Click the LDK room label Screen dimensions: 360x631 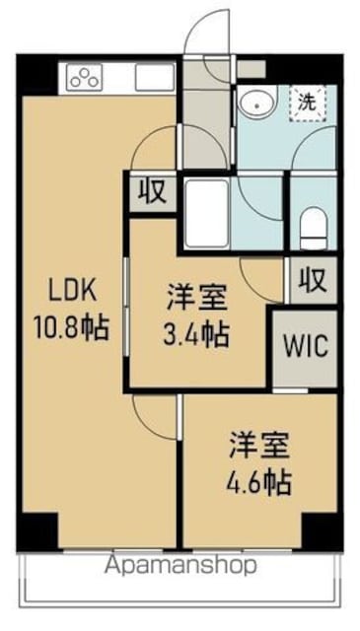[72, 291]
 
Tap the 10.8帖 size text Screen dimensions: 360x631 [71, 327]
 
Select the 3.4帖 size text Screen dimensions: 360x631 [196, 334]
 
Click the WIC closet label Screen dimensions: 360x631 [306, 346]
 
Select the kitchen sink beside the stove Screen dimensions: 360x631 [154, 77]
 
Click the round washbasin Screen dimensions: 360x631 [256, 102]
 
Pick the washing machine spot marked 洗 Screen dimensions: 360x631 [308, 104]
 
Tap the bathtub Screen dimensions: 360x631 [207, 213]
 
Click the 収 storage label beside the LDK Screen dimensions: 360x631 [153, 191]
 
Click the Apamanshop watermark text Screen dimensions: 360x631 [180, 565]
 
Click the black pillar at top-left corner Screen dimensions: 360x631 [37, 75]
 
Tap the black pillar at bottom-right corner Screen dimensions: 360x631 [323, 531]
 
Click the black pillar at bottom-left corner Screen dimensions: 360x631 [37, 531]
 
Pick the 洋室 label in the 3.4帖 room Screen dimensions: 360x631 [197, 298]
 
